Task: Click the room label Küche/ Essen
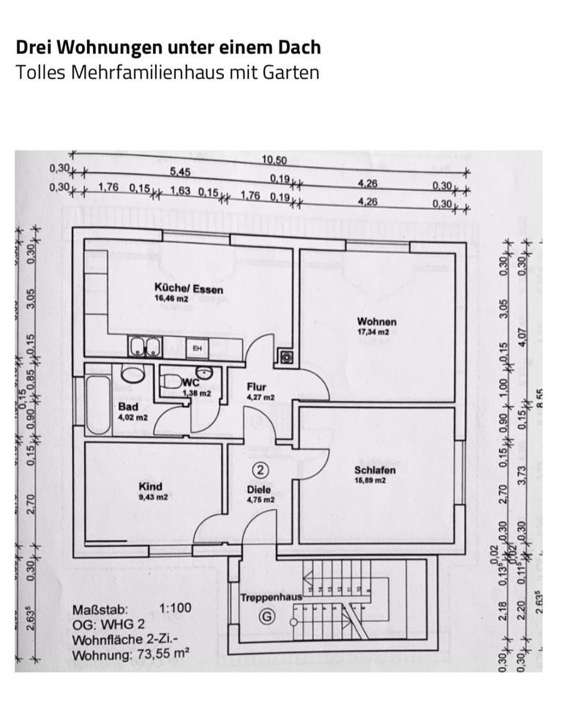[x=188, y=288]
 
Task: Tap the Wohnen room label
[x=376, y=321]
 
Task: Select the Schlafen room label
[x=375, y=470]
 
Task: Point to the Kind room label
[x=150, y=486]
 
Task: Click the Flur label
[x=257, y=387]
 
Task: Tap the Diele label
[x=258, y=490]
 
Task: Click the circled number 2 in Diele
[x=260, y=469]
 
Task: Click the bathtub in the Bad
[x=98, y=403]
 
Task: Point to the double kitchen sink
[x=144, y=347]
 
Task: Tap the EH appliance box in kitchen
[x=197, y=349]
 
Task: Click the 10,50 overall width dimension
[x=274, y=159]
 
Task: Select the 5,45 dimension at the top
[x=180, y=172]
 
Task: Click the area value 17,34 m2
[x=376, y=332]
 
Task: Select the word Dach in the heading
[x=296, y=48]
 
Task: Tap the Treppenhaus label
[x=271, y=597]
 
